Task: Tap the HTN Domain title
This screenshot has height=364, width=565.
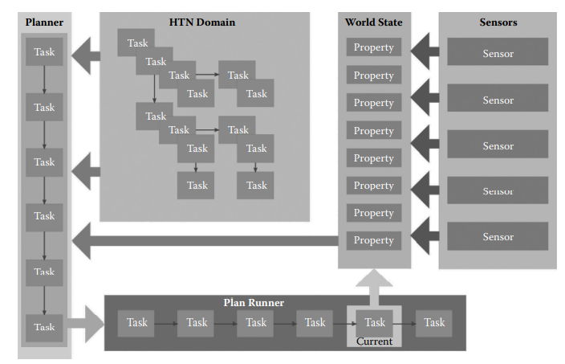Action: [201, 22]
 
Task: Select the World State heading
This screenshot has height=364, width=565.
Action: [373, 22]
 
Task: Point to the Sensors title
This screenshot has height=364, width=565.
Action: [497, 22]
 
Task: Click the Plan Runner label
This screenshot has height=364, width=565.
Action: [254, 303]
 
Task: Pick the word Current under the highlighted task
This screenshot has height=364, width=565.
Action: [374, 342]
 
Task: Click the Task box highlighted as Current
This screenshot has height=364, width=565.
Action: [375, 322]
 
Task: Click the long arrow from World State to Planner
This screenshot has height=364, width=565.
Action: [201, 239]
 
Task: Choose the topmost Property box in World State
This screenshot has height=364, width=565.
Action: [373, 47]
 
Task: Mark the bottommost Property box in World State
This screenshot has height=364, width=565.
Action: [373, 240]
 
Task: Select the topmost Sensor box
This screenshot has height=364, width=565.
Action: [498, 54]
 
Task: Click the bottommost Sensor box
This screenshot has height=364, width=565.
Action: [498, 237]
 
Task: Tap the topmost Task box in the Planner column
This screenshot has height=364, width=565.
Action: [44, 53]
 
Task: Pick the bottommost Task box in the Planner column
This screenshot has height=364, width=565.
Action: [44, 327]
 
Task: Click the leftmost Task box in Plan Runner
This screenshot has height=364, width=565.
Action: [137, 322]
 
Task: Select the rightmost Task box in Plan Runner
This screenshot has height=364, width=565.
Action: [434, 322]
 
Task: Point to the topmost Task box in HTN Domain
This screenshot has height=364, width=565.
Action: [136, 43]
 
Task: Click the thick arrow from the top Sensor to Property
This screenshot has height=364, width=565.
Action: [426, 53]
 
